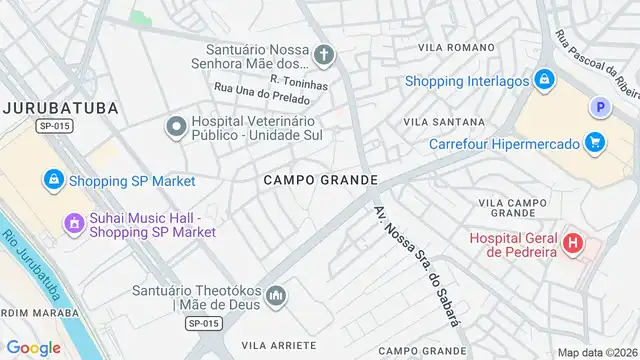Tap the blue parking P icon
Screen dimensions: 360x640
pos(600,107)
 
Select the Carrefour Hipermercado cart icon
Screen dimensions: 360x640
pos(595,143)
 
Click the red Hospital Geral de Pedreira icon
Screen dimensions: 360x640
pos(573,242)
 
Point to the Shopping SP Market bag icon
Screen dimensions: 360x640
pos(52,180)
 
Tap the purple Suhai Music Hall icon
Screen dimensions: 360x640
pos(73,223)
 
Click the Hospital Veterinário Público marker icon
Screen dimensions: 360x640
pos(176,126)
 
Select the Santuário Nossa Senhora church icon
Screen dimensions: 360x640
pos(323,54)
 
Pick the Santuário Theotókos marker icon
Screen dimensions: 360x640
pos(277,297)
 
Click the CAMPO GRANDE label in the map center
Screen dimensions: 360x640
pos(321,180)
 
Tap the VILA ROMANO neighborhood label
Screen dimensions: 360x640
pos(456,47)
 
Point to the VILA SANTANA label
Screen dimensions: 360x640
pos(438,121)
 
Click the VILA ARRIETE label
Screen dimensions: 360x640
pos(276,343)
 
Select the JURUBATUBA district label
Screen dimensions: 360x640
pos(60,107)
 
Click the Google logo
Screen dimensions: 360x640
pos(33,347)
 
